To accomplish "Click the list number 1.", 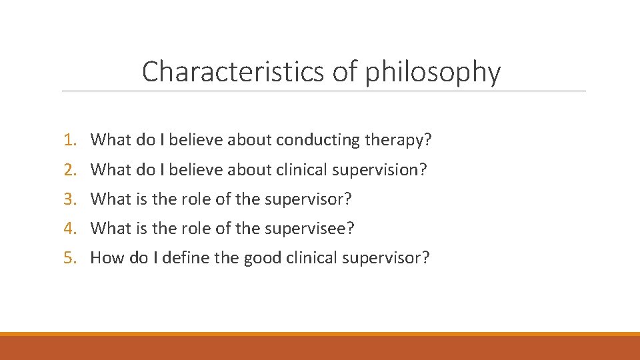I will point(71,140).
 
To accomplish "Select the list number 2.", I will point(71,169).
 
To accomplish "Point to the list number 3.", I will point(71,199).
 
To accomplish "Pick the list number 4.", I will point(71,228).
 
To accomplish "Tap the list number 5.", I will point(71,257).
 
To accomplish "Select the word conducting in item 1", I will point(317,141).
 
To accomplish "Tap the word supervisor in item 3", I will point(308,199).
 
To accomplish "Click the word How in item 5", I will point(105,257).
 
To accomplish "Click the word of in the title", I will point(345,71).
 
